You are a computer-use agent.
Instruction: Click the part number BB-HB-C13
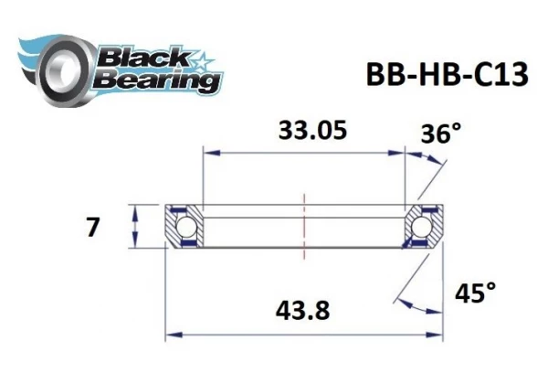[445, 74]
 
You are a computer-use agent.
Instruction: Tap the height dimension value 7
[92, 227]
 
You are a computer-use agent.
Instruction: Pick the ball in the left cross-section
[186, 226]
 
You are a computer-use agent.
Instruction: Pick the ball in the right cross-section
[425, 226]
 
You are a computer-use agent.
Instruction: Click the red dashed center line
[304, 225]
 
